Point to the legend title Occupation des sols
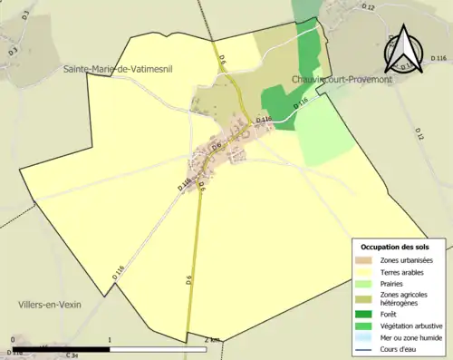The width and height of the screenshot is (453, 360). coord(395,247)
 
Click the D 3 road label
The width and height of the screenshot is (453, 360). coord(13,53)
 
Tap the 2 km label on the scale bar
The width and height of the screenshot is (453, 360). coord(212,340)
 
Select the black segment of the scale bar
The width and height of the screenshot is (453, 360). coord(61,348)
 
